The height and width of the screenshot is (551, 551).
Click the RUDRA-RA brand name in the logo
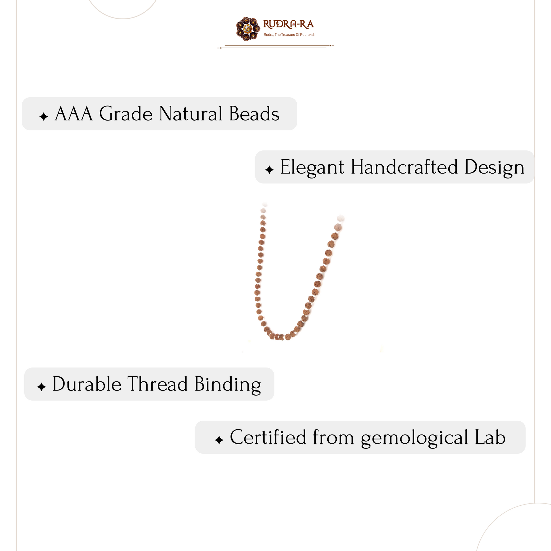tap(288, 25)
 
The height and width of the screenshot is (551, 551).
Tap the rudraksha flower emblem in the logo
tap(248, 29)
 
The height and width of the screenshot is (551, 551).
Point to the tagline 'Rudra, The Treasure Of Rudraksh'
tap(289, 35)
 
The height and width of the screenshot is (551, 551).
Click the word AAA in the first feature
tap(74, 114)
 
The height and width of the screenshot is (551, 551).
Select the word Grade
tap(126, 114)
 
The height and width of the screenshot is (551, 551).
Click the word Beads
tap(254, 114)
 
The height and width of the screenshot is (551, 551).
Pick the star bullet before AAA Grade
tap(44, 117)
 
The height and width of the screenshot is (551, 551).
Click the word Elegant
tap(312, 168)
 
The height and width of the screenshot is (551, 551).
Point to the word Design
tap(495, 168)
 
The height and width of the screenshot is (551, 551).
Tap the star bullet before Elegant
tap(269, 170)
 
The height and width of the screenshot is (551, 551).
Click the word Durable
tap(86, 384)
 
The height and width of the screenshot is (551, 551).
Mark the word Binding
tap(228, 385)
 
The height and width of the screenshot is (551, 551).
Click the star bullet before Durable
tap(41, 387)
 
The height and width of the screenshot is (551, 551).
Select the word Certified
tap(268, 437)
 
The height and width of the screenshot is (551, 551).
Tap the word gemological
tap(415, 438)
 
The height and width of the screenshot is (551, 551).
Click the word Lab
tap(490, 437)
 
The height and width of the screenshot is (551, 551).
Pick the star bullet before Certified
tap(219, 440)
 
